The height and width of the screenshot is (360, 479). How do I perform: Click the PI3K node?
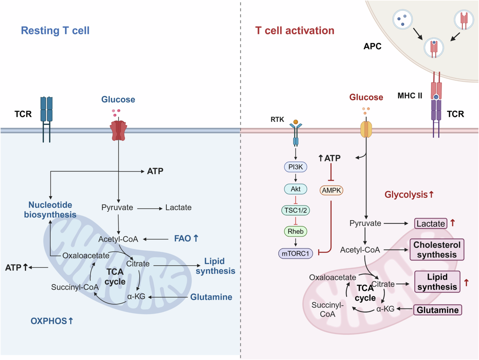pos(295,166)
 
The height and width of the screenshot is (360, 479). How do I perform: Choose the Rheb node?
pos(295,231)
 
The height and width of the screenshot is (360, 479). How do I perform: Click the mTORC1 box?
pos(295,253)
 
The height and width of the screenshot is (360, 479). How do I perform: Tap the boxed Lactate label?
pos(431,224)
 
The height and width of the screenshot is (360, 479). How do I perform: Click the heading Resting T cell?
pos(55,30)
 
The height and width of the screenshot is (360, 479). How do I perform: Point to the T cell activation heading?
pos(295,30)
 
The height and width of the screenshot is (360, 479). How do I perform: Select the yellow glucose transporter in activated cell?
pos(366,129)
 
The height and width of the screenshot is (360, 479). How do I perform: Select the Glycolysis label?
pos(409,195)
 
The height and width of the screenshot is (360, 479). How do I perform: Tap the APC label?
pos(373,46)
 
